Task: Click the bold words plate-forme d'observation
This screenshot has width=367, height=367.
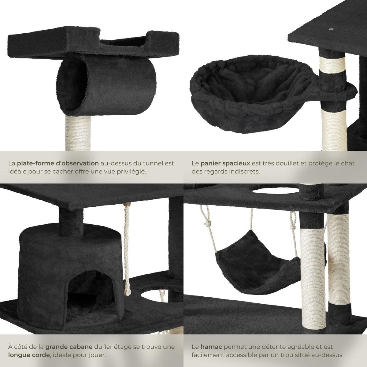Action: [58, 163]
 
